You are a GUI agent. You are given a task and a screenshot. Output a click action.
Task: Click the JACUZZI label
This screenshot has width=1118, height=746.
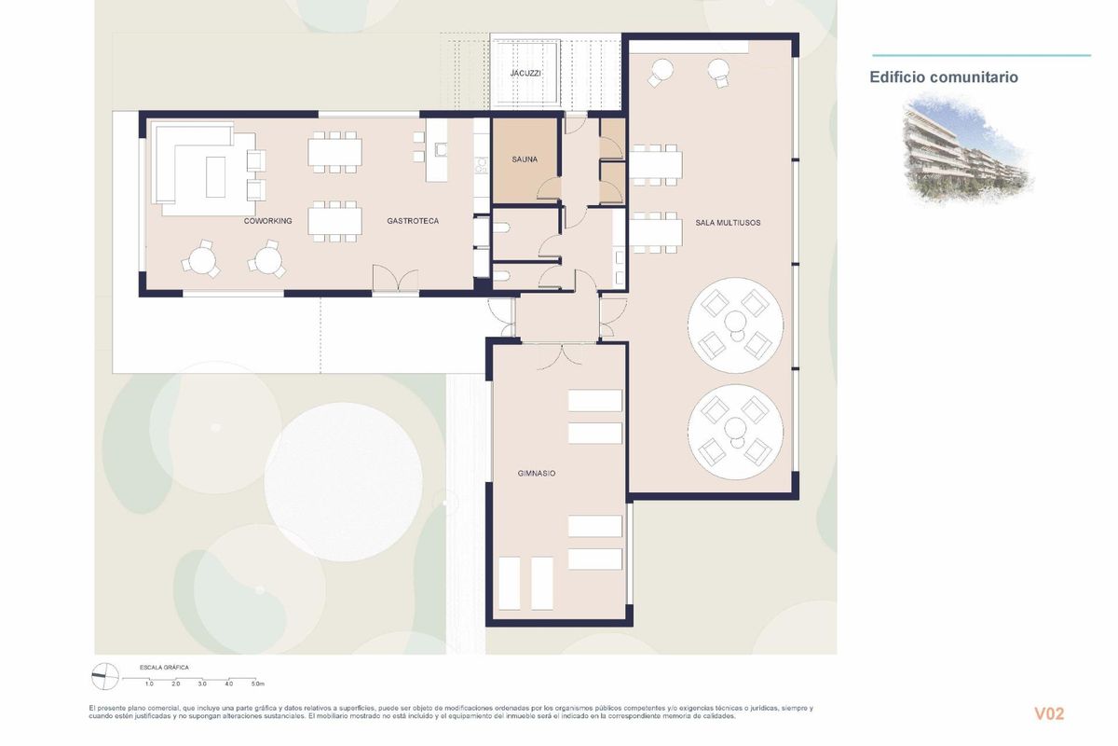(525, 73)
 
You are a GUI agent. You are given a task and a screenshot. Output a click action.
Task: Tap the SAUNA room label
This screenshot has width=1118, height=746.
(525, 159)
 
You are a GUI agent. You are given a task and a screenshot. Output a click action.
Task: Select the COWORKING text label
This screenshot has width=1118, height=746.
(268, 221)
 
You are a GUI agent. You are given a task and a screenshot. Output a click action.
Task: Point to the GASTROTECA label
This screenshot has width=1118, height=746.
(413, 221)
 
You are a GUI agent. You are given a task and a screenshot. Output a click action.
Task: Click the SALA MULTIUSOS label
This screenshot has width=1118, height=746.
(728, 222)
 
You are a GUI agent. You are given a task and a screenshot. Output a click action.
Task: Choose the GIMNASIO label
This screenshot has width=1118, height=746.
(537, 474)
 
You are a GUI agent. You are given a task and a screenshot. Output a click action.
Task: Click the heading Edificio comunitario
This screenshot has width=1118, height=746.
(944, 77)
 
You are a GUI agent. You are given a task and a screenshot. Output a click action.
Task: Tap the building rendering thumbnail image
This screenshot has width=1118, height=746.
(967, 151)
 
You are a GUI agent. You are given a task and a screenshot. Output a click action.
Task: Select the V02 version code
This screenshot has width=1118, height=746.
(1048, 714)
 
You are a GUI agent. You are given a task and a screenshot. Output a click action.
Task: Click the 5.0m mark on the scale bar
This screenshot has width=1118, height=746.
(257, 684)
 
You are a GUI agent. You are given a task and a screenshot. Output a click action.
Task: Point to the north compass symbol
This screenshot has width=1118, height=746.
(104, 672)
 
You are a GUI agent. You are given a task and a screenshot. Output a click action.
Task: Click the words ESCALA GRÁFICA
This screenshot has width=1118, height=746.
(164, 668)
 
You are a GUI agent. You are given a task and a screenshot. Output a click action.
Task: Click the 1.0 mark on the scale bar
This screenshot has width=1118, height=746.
(149, 684)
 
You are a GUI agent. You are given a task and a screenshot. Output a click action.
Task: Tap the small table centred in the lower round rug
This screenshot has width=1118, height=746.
(735, 428)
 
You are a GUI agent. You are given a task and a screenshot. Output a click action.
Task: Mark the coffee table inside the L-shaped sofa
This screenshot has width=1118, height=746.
(216, 175)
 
